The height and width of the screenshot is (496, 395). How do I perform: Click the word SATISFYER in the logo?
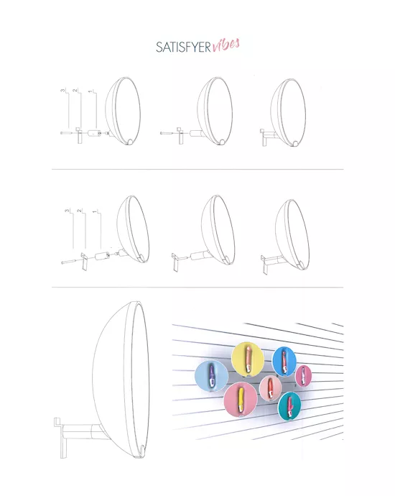(x=184, y=47)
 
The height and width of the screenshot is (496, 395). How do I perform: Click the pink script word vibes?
(x=226, y=45)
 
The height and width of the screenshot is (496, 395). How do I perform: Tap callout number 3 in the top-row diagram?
(x=64, y=91)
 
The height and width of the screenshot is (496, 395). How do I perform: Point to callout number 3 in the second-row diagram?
(x=67, y=211)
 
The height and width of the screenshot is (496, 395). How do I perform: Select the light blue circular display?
(x=212, y=375)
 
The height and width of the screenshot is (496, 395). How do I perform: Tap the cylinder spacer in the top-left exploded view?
(x=94, y=133)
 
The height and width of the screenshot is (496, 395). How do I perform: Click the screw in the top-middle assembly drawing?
(x=167, y=132)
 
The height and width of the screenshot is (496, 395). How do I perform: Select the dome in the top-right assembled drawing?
(x=287, y=112)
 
